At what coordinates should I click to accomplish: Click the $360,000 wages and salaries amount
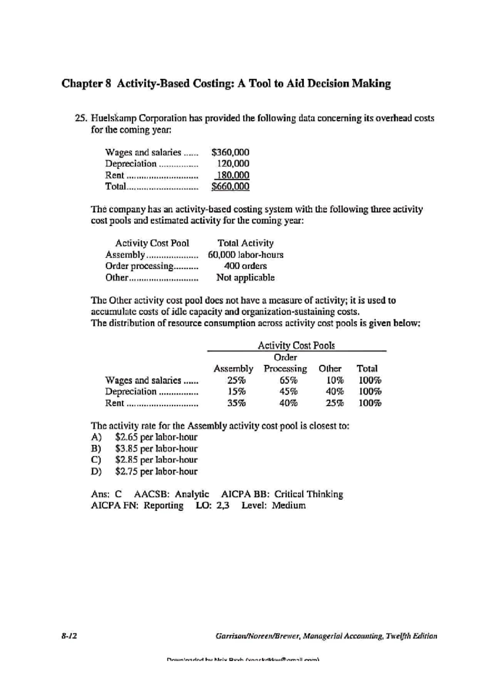[230, 152]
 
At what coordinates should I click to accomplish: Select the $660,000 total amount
[230, 186]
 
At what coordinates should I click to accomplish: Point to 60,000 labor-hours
[246, 255]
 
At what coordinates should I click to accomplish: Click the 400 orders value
[246, 266]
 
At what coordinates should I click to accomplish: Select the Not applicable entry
[246, 277]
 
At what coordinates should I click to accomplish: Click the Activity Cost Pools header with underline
[296, 346]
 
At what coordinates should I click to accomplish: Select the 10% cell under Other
[335, 381]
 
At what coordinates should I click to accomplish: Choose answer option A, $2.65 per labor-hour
[156, 437]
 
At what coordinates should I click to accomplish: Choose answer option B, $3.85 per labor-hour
[156, 449]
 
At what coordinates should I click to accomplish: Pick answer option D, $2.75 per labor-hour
[156, 471]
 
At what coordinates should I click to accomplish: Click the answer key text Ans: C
[106, 494]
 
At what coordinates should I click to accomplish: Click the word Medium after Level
[289, 505]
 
